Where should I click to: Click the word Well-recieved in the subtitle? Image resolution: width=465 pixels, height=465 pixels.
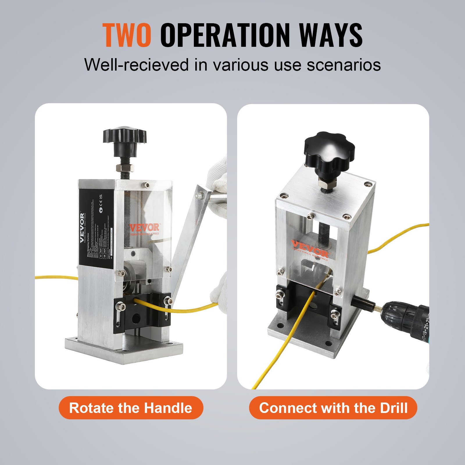coord(136,65)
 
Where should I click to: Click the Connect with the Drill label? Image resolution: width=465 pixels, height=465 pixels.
coord(333,408)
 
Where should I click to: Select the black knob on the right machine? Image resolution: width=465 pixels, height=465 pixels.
coord(329,151)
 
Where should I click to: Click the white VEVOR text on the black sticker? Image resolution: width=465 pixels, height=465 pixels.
coord(82,228)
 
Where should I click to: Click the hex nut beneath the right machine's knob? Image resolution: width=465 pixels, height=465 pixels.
coord(327,184)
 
